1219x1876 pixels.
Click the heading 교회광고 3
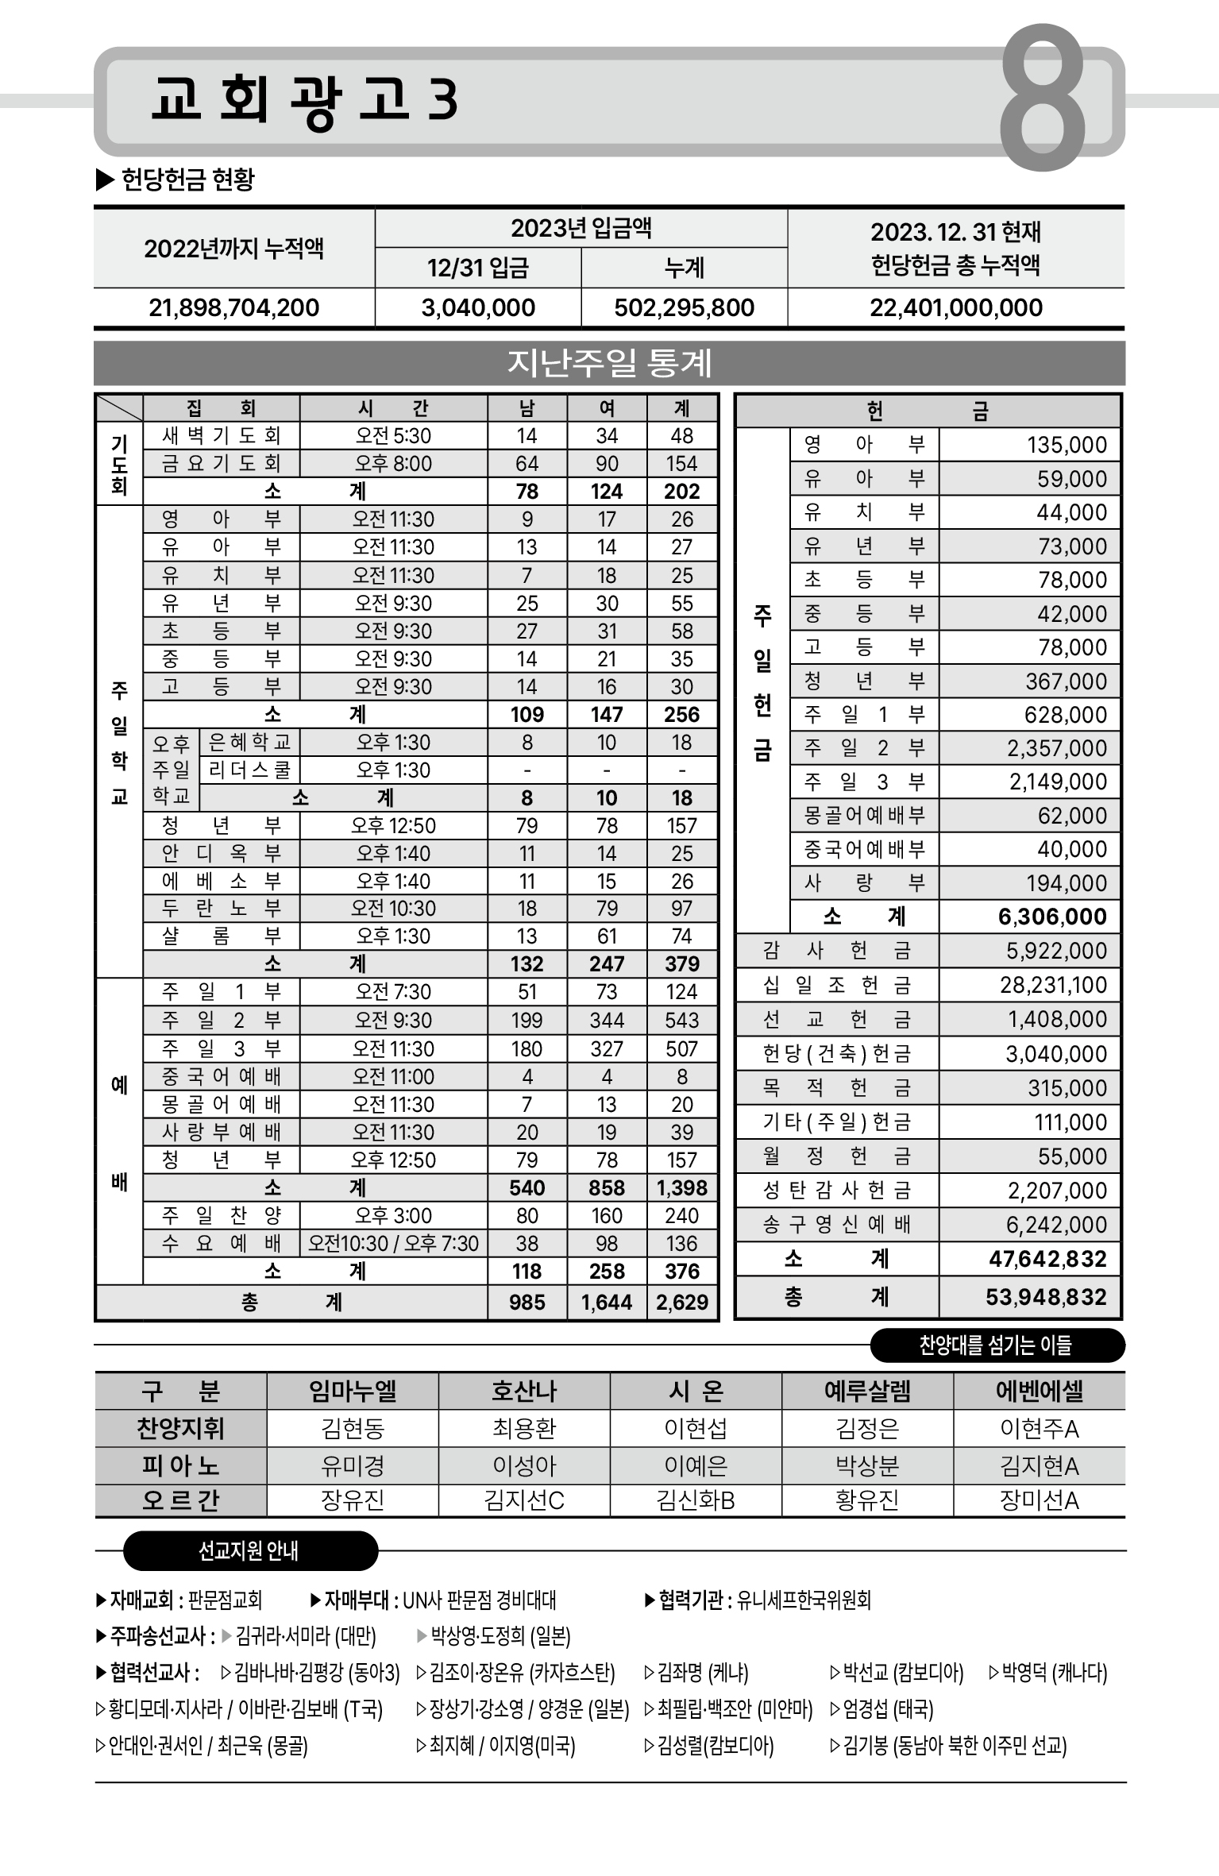point(304,100)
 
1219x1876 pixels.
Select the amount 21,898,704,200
point(233,307)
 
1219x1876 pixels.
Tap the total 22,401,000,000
point(955,307)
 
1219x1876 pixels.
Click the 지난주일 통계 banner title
point(609,363)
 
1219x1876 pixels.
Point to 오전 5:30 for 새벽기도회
point(393,436)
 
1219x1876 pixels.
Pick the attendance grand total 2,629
point(682,1303)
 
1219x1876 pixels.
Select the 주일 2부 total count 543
point(682,1021)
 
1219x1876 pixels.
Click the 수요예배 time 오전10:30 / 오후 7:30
point(393,1244)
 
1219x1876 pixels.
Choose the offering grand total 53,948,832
point(1046,1297)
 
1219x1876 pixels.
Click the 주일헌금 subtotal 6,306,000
point(1052,917)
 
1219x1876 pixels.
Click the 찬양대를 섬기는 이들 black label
point(996,1345)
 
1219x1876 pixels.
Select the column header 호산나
point(524,1392)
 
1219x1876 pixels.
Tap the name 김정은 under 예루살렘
point(867,1429)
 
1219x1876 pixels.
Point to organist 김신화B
point(696,1500)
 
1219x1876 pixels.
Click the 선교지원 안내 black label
point(249,1550)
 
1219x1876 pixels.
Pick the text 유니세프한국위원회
point(804,1600)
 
